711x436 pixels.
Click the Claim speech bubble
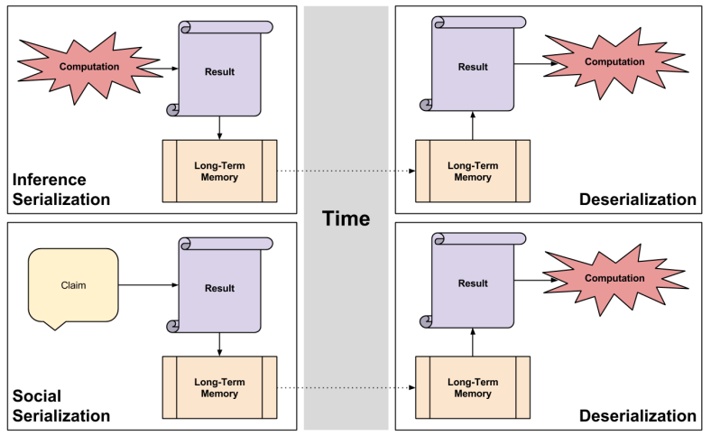[x=73, y=285]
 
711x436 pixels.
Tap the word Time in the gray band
[x=347, y=218]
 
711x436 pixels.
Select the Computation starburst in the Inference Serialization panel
[x=88, y=67]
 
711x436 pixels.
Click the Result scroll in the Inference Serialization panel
[x=220, y=71]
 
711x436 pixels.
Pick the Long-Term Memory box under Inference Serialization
[x=219, y=172]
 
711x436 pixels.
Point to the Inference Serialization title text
[x=61, y=190]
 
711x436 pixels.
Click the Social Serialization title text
[x=61, y=406]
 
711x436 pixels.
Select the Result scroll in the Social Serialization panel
[x=220, y=288]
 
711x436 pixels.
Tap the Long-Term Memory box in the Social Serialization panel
[x=219, y=388]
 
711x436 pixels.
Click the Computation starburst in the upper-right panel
[x=614, y=62]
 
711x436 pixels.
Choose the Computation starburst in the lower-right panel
[x=614, y=280]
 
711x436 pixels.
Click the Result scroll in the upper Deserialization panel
[x=473, y=67]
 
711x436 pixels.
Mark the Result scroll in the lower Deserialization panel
[x=473, y=283]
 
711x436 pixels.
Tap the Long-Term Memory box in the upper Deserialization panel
[x=473, y=172]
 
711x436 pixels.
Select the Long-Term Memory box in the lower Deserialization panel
[x=473, y=388]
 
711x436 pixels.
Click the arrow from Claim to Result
[x=148, y=285]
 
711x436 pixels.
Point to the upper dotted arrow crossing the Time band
[x=346, y=172]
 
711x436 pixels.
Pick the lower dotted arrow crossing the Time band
[x=346, y=388]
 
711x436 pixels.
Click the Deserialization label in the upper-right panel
[x=638, y=199]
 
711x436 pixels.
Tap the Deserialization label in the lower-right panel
[x=638, y=416]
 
